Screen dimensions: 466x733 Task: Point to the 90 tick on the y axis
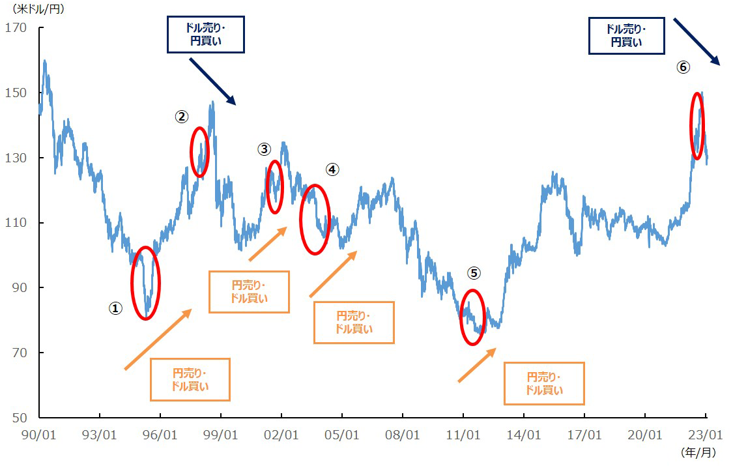[x=18, y=287]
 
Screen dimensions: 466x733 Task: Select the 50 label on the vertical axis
[x=18, y=418]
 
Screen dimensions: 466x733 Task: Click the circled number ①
[x=115, y=309]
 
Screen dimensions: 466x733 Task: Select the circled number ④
[x=332, y=169]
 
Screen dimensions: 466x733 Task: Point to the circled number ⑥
[x=683, y=67]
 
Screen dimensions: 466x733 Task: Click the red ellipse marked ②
[x=199, y=151]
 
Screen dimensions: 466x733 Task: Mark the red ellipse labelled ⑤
[x=473, y=317]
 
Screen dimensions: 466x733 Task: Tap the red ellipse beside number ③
[x=274, y=186]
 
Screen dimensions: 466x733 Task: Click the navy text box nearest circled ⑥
[x=626, y=36]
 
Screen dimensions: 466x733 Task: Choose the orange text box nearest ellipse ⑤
[x=544, y=384]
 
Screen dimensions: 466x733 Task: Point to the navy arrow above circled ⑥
[x=696, y=41]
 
